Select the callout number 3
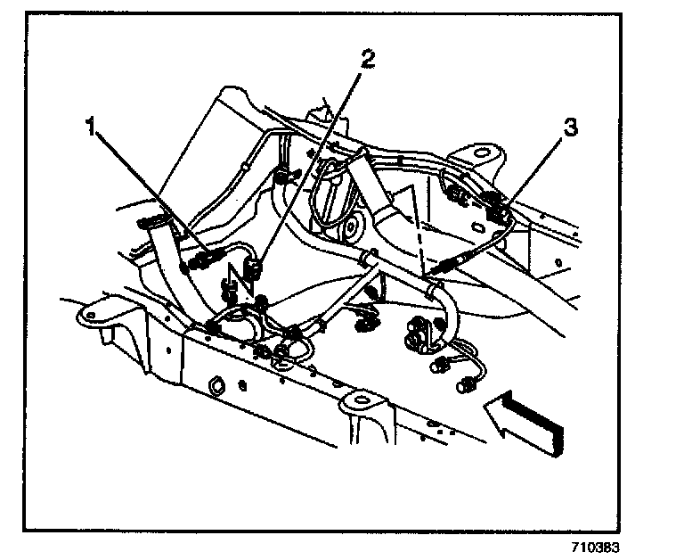(x=570, y=128)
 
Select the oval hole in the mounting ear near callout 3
(x=482, y=149)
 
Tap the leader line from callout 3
(x=534, y=169)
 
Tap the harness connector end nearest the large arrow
(x=465, y=384)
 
